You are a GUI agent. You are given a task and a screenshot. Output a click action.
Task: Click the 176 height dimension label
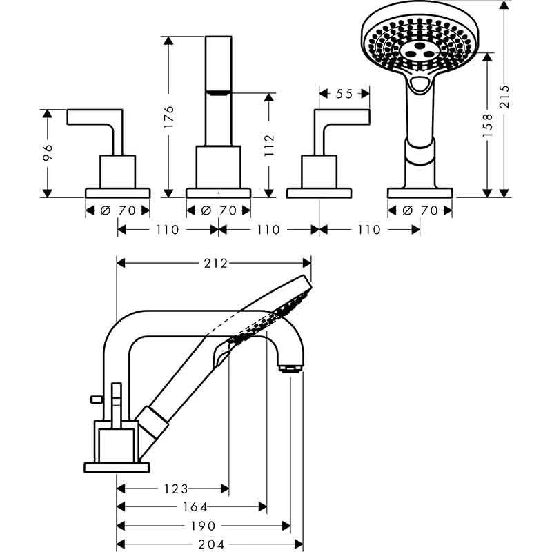[x=169, y=117]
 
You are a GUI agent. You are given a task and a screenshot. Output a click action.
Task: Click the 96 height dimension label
[x=48, y=152]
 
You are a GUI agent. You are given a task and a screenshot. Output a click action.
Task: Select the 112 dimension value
[x=269, y=145]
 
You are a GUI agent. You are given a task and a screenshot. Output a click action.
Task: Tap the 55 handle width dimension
[x=344, y=94]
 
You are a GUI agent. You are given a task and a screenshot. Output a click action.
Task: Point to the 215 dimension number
[x=504, y=96]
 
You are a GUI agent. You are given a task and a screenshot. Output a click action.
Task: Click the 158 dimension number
[x=487, y=126]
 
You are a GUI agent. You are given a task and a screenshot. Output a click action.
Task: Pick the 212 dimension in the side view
[x=216, y=264]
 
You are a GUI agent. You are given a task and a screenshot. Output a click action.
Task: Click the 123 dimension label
[x=176, y=489]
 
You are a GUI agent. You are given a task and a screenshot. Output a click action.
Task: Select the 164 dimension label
[x=195, y=507]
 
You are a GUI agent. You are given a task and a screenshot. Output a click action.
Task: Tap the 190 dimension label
[x=203, y=526]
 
